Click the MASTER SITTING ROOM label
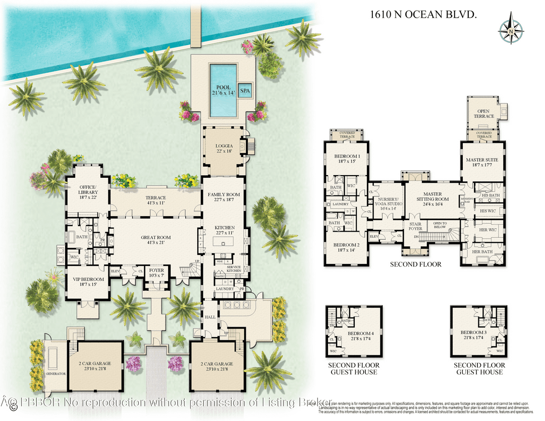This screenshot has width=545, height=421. tap(432, 196)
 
